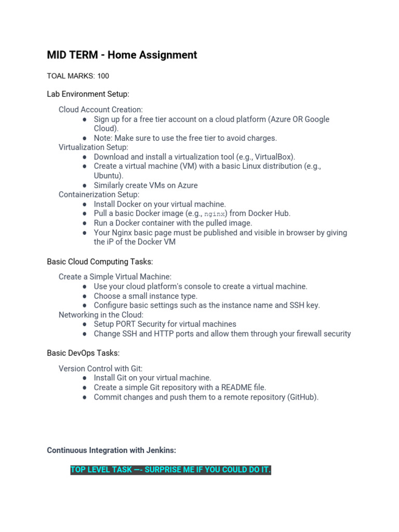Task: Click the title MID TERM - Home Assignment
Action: tap(122, 55)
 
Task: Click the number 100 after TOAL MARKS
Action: tap(103, 76)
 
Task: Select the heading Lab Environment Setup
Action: tap(88, 94)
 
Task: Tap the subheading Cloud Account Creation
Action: tap(100, 110)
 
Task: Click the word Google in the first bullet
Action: tap(317, 119)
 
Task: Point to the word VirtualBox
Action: tap(274, 156)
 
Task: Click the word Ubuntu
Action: tap(107, 176)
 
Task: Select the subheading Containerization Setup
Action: tap(99, 194)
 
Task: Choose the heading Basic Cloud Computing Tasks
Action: tap(100, 261)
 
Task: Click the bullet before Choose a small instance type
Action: tap(84, 296)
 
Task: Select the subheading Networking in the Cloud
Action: tap(101, 315)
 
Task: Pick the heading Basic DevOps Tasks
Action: tap(83, 353)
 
